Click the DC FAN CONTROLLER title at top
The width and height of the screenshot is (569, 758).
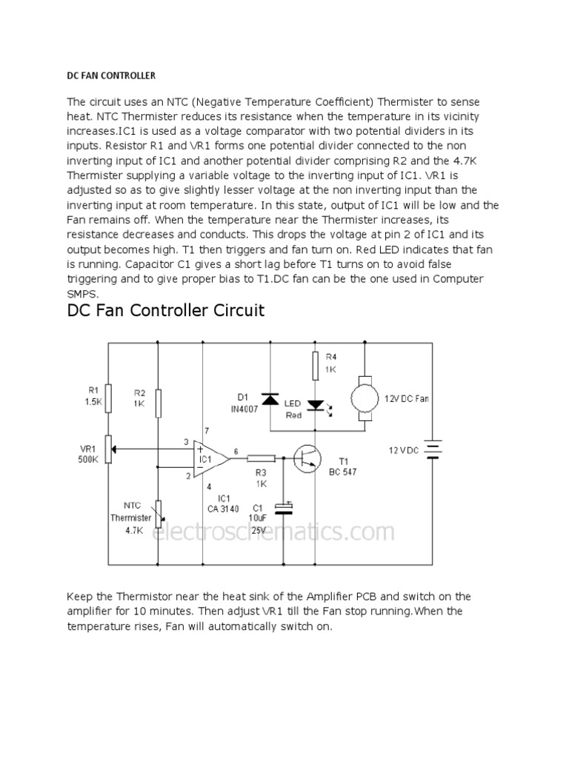[x=111, y=76]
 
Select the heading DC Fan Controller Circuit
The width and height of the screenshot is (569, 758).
[x=166, y=310]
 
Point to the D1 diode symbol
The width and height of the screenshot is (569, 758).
[x=270, y=400]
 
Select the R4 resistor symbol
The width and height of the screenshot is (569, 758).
[x=316, y=364]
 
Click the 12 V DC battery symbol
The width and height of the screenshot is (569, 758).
[x=433, y=449]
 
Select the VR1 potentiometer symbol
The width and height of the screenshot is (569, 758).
[x=109, y=447]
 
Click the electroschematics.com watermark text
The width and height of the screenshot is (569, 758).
[x=273, y=531]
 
